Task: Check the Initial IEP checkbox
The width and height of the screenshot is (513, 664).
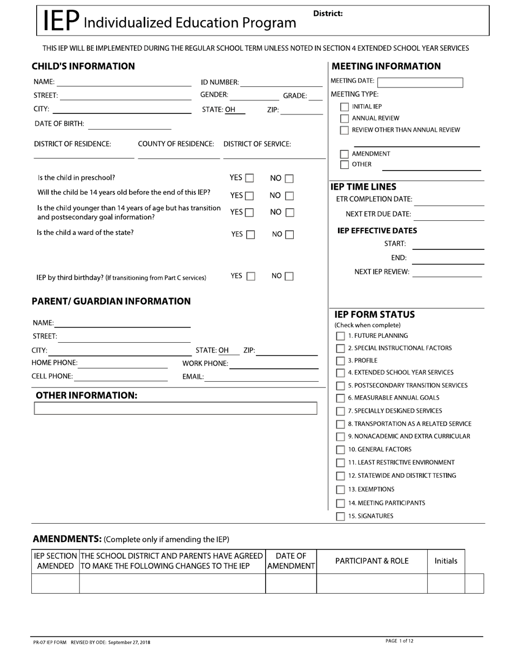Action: [345, 107]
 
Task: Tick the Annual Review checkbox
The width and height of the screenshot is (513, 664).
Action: [345, 118]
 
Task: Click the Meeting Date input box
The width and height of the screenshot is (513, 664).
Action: [420, 83]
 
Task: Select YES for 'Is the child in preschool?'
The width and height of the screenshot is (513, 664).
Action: [249, 178]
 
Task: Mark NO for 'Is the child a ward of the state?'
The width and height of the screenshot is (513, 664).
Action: [289, 235]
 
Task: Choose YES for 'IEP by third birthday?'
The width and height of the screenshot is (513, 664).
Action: [251, 276]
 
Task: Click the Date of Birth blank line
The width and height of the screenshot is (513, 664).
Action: [129, 125]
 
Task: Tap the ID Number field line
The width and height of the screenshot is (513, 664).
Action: [281, 83]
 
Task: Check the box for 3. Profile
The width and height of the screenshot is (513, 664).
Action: [341, 361]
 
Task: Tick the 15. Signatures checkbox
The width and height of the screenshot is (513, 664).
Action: [341, 516]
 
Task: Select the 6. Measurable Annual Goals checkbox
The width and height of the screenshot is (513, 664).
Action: [341, 398]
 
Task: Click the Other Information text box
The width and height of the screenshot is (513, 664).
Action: [175, 409]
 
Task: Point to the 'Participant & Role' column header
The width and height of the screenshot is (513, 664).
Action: [372, 561]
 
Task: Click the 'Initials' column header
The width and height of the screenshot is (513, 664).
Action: [446, 561]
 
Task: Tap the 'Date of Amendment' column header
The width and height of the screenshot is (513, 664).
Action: [291, 561]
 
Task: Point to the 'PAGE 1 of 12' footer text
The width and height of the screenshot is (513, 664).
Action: [400, 641]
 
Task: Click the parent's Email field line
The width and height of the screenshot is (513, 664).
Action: [262, 377]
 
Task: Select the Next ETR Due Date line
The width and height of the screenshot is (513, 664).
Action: [449, 215]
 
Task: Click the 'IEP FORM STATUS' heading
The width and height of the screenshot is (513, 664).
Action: [374, 314]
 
